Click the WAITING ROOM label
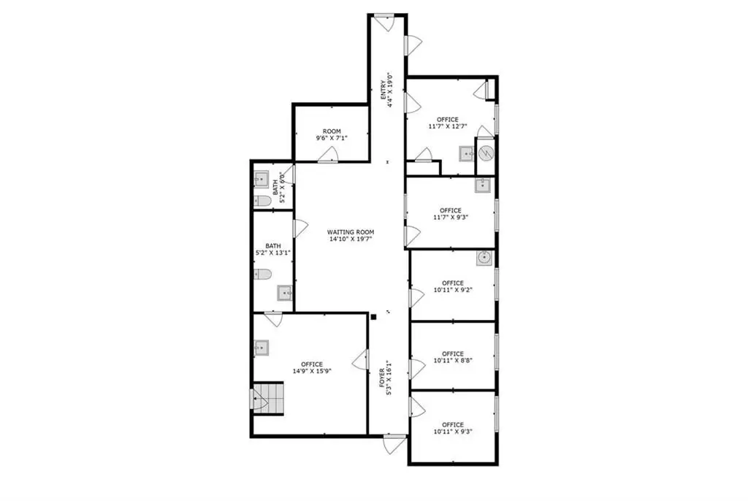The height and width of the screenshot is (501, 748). coord(351,232)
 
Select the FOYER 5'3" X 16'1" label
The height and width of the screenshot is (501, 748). coord(386,378)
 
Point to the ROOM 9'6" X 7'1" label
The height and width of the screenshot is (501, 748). coord(332,134)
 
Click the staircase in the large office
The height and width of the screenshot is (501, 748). coord(268,398)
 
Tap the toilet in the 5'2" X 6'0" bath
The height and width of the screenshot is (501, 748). coord(262,201)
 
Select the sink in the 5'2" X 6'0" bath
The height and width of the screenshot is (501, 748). coord(262,180)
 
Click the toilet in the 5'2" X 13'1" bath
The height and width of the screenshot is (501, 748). coord(262,275)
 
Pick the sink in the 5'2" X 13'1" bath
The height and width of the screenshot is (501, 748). coord(285,292)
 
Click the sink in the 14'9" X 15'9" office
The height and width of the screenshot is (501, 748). coord(261,348)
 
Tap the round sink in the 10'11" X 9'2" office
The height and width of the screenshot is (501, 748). coord(484,258)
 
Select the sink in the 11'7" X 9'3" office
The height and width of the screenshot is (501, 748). coord(483,185)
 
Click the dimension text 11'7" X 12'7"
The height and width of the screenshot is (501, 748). coord(448,126)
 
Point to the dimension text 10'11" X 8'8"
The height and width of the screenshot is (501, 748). coord(453,361)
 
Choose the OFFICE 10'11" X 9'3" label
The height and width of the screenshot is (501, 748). coord(453,428)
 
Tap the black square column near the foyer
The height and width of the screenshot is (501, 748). coord(373,316)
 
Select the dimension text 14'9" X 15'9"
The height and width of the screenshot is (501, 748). coord(312,371)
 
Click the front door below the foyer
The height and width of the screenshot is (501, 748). coord(394,444)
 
